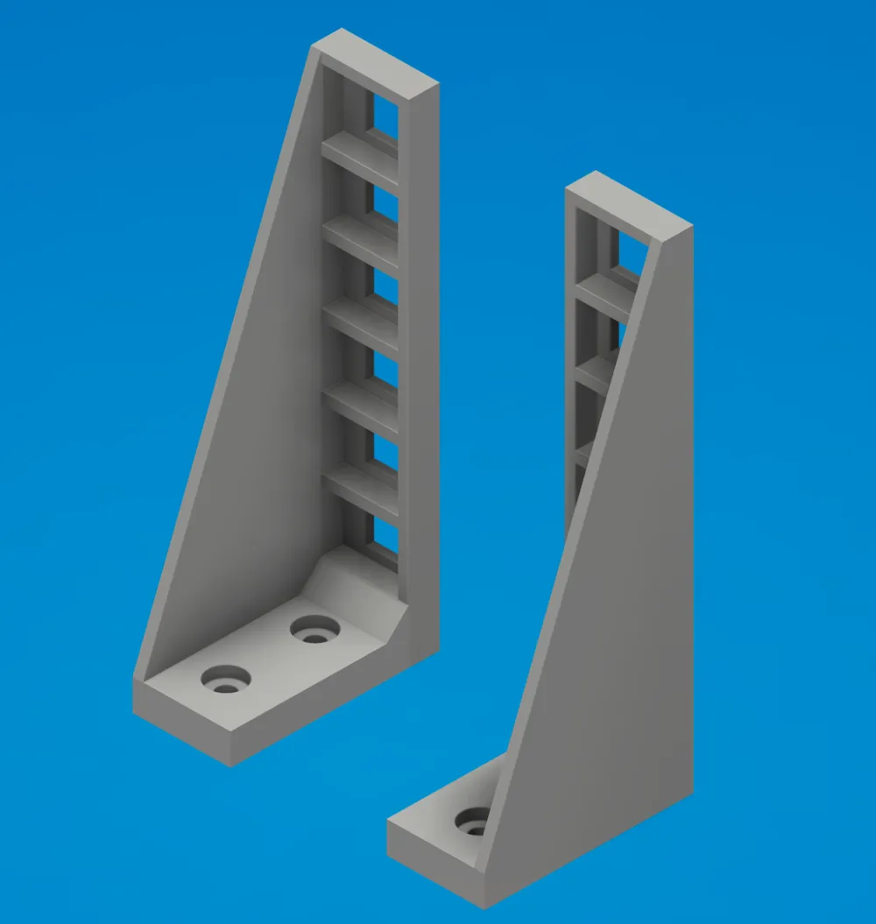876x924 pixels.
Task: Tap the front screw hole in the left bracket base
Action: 226,680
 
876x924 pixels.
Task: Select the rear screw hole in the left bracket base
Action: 315,629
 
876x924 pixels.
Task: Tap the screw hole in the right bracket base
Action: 473,823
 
